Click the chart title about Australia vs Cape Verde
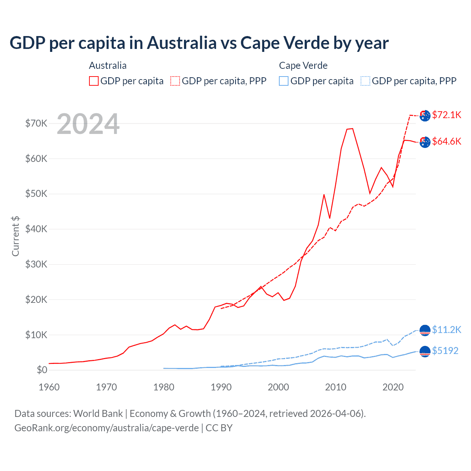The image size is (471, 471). pyautogui.click(x=199, y=43)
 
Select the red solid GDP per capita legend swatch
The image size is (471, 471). pyautogui.click(x=94, y=81)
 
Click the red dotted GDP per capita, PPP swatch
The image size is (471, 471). pyautogui.click(x=175, y=81)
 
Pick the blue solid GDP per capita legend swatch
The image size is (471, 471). pyautogui.click(x=284, y=81)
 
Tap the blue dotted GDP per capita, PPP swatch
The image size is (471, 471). pyautogui.click(x=365, y=81)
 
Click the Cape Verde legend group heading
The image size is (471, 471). pyautogui.click(x=303, y=65)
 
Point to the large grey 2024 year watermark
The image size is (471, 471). pyautogui.click(x=88, y=124)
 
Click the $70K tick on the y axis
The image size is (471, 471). pyautogui.click(x=36, y=123)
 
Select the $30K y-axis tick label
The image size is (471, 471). pyautogui.click(x=36, y=264)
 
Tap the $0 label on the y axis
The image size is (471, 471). pyautogui.click(x=42, y=370)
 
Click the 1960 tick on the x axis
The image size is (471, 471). pyautogui.click(x=49, y=387)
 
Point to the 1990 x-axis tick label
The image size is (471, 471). pyautogui.click(x=221, y=387)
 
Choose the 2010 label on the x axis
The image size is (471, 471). pyautogui.click(x=336, y=387)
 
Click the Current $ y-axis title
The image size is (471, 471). pyautogui.click(x=15, y=236)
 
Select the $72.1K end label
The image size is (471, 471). pyautogui.click(x=447, y=115)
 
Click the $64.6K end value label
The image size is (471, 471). pyautogui.click(x=447, y=141)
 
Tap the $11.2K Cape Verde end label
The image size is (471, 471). pyautogui.click(x=447, y=330)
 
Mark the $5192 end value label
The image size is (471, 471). pyautogui.click(x=445, y=351)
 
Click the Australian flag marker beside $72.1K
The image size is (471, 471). pyautogui.click(x=425, y=115)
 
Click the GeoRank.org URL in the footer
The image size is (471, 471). pyautogui.click(x=106, y=428)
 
